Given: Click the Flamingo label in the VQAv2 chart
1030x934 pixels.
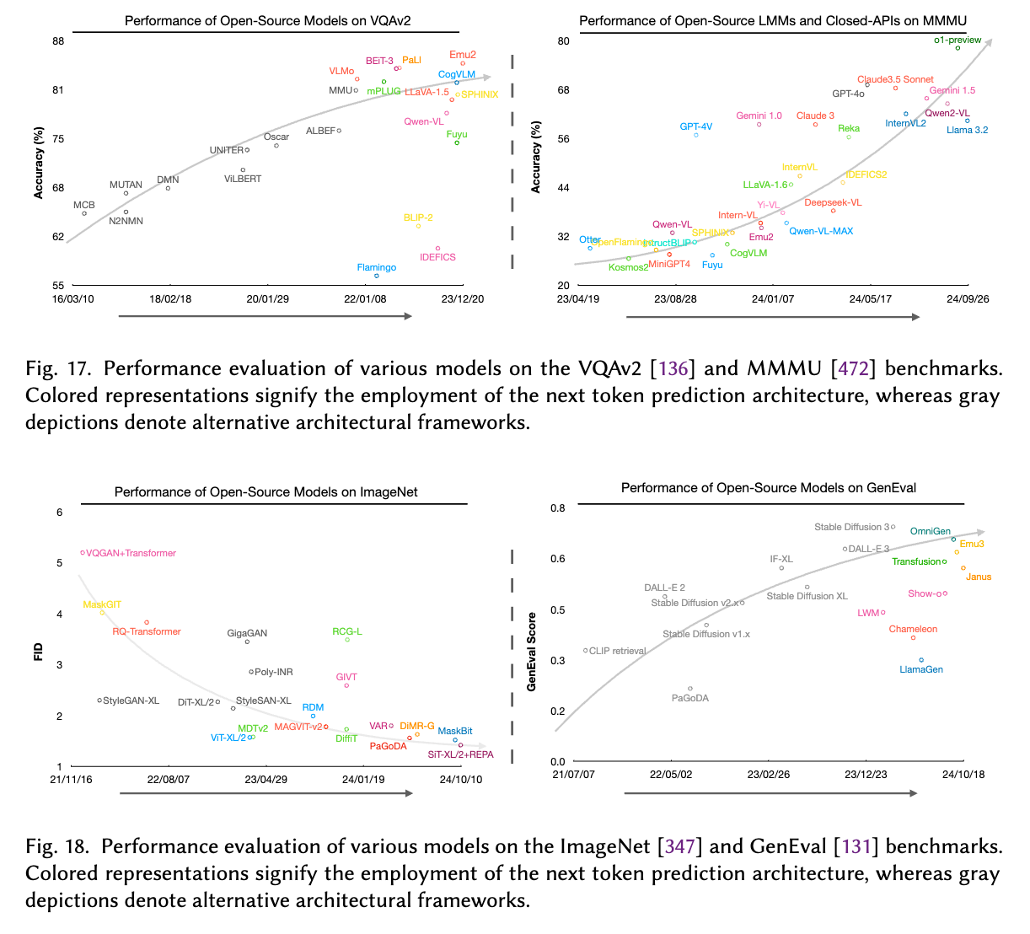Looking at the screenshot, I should (x=376, y=267).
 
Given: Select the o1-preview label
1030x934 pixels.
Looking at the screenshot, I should (x=958, y=40).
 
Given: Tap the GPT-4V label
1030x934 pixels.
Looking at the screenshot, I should (x=696, y=126).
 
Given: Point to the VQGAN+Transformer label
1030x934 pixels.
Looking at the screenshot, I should (x=131, y=553).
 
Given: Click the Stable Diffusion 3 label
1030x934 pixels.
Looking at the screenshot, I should (x=851, y=527).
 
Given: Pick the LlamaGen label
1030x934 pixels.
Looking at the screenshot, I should (x=921, y=669).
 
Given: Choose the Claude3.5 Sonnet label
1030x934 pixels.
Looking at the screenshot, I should (x=895, y=79).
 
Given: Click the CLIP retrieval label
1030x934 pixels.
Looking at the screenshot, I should (x=618, y=651).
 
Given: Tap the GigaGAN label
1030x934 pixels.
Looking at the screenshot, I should (x=247, y=633).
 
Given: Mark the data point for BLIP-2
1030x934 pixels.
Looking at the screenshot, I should (x=418, y=226).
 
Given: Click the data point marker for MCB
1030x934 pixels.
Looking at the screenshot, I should (x=84, y=213).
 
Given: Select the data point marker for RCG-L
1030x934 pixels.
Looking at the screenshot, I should (x=347, y=640).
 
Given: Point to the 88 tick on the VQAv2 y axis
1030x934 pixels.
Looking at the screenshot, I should (x=58, y=40).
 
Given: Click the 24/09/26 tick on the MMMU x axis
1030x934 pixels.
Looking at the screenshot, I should (x=968, y=298).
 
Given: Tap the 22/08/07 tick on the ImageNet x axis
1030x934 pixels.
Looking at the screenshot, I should (x=169, y=779).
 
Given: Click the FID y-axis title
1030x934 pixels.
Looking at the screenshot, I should (x=39, y=651).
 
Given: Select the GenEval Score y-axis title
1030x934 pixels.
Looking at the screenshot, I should (x=532, y=652).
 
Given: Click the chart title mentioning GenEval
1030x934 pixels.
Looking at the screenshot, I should (x=768, y=487).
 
